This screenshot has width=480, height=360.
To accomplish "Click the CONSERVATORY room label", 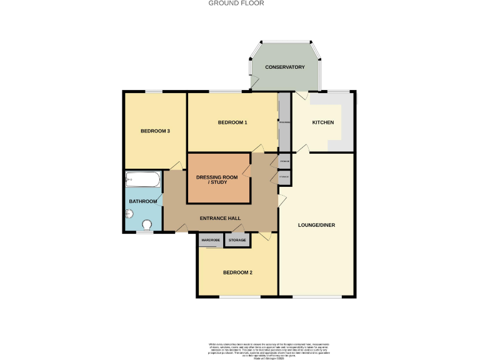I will click(x=284, y=67).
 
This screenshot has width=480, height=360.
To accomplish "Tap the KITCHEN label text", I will click(x=322, y=122).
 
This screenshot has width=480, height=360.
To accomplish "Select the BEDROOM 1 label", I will click(x=232, y=122).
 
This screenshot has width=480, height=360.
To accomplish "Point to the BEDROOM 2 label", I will click(x=238, y=272).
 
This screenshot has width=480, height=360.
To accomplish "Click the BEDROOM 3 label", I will click(x=155, y=131).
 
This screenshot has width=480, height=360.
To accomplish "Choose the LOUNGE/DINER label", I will click(x=317, y=224).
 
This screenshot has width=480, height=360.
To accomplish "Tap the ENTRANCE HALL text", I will click(x=220, y=218).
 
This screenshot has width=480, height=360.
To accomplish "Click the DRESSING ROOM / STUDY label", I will click(x=217, y=179).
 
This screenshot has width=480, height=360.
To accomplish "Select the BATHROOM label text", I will click(x=142, y=202).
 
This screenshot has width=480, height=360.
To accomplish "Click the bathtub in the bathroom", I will click(x=144, y=180).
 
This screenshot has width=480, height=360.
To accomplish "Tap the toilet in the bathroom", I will click(x=148, y=225).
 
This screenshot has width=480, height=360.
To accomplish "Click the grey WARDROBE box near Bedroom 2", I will click(x=211, y=240).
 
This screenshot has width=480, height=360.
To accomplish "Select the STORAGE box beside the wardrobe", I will click(x=237, y=240).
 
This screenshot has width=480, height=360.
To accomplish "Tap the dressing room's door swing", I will click(x=256, y=149).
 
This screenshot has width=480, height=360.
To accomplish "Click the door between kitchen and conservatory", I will click(x=301, y=96).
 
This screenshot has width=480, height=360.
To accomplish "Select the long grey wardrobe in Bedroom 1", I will click(x=284, y=122).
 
